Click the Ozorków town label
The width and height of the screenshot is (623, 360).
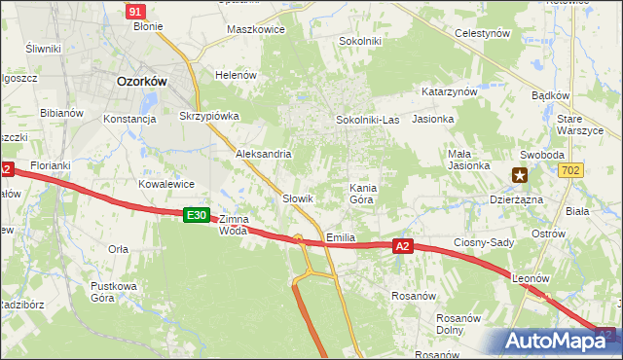click(x=141, y=83)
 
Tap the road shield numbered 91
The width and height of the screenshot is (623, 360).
click(x=136, y=10)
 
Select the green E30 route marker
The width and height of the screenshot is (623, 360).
click(x=196, y=214)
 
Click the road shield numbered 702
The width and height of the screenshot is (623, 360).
click(x=571, y=170)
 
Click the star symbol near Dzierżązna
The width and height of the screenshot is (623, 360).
click(x=521, y=176)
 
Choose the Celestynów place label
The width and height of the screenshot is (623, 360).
click(x=484, y=33)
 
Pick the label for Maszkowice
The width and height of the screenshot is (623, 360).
click(x=255, y=29)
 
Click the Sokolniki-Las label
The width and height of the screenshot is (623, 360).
click(x=367, y=119)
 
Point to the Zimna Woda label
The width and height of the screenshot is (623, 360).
click(x=234, y=225)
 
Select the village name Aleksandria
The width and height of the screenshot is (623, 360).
click(x=264, y=154)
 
